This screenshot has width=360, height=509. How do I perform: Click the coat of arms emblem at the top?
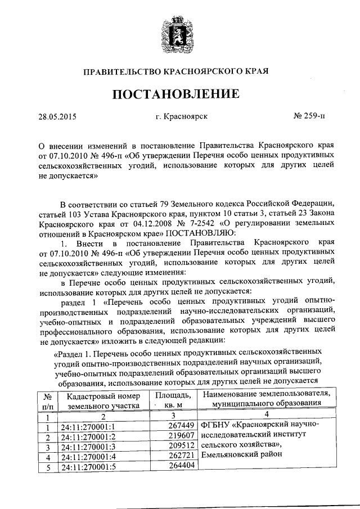pos(179,33)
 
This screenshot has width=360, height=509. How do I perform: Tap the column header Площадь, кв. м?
pos(173,399)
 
